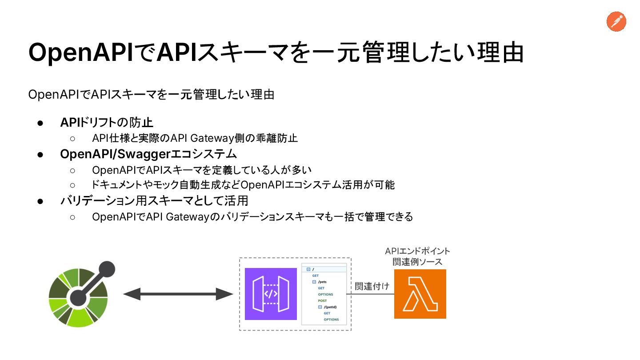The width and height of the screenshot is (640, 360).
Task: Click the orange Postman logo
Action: click(616, 22)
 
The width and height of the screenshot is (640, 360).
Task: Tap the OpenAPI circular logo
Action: click(79, 296)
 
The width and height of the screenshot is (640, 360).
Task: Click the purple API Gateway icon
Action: click(271, 294)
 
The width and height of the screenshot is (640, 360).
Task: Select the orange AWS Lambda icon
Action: click(420, 294)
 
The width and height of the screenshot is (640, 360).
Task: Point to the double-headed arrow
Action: click(178, 294)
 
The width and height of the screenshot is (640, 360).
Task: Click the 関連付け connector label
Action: click(372, 286)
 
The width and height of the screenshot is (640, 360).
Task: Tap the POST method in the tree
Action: click(322, 301)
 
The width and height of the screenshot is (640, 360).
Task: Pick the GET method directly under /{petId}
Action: click(327, 313)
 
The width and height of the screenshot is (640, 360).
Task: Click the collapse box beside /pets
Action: click(314, 282)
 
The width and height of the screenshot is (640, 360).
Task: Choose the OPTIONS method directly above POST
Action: click(325, 294)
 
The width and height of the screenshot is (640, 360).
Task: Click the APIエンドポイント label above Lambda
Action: click(417, 252)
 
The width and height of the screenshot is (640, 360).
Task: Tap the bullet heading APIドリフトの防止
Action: click(107, 122)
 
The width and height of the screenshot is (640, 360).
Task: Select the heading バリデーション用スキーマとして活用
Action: click(154, 201)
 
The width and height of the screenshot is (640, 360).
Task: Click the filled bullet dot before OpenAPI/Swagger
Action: click(40, 155)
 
